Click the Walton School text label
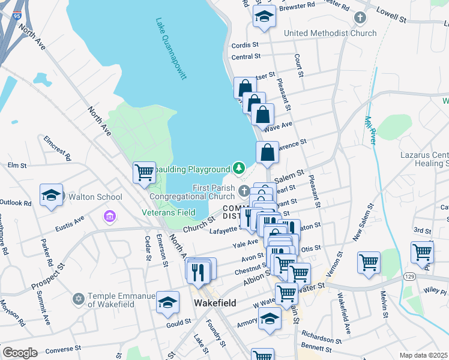(x=95, y=197)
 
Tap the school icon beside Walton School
(x=52, y=196)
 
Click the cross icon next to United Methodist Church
(x=360, y=18)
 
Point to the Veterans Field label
(x=168, y=212)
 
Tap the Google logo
(x=19, y=353)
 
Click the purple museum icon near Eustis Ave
(x=110, y=215)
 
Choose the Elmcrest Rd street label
(x=57, y=148)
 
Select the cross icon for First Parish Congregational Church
(x=244, y=191)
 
